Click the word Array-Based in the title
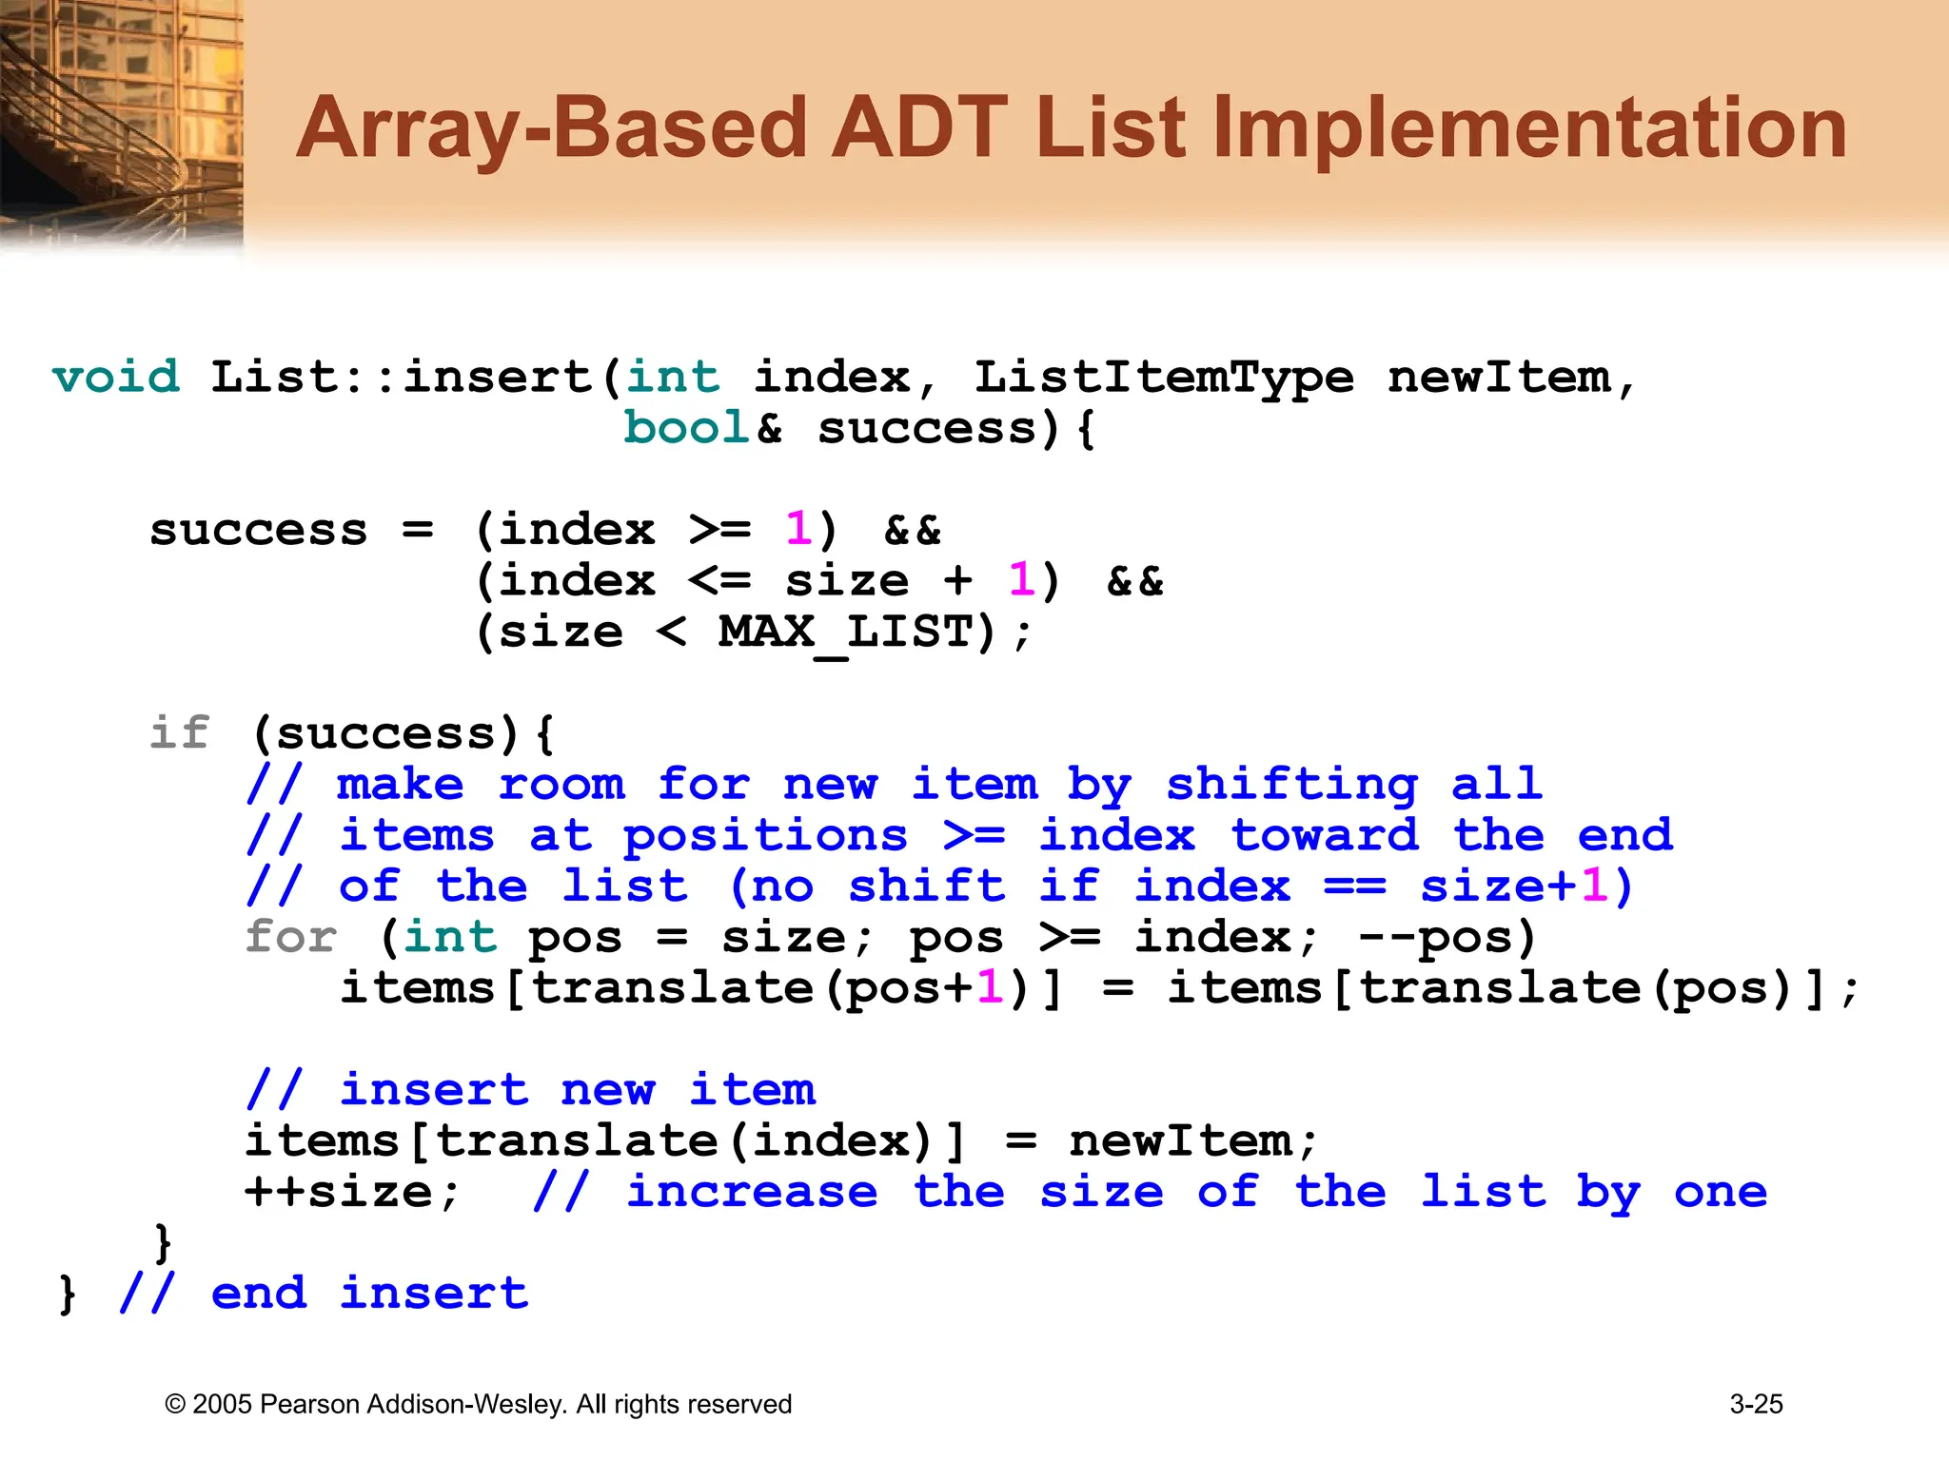click(551, 128)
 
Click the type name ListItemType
click(1163, 377)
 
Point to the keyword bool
click(686, 428)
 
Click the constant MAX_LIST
click(846, 633)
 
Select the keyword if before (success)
click(179, 733)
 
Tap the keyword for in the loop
click(290, 937)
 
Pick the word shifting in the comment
click(1291, 785)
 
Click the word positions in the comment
click(765, 836)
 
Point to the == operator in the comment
click(1354, 886)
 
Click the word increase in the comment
click(752, 1192)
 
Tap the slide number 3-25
click(1756, 1404)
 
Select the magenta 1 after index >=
click(797, 530)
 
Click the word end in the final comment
click(259, 1294)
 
